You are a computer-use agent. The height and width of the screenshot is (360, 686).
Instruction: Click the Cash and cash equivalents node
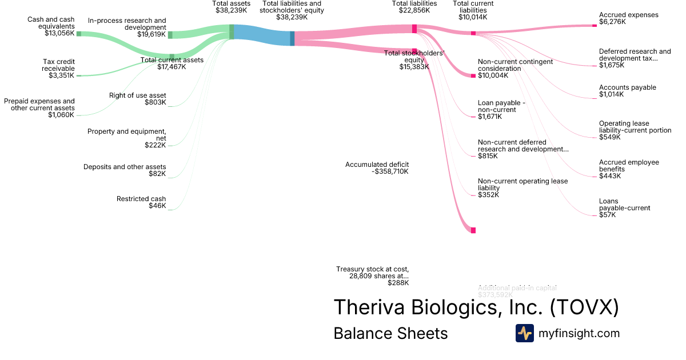(79, 34)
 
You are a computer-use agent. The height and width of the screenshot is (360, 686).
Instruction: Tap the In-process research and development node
(170, 35)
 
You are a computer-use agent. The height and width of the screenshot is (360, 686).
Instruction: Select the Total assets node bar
(232, 31)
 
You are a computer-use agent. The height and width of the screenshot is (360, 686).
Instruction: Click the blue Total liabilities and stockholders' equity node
(292, 38)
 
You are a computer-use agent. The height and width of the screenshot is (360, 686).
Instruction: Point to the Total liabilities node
(414, 29)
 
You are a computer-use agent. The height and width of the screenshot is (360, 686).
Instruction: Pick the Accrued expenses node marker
(595, 25)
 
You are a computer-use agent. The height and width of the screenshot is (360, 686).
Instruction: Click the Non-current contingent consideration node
(473, 75)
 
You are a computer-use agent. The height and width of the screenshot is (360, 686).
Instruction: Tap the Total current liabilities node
(473, 33)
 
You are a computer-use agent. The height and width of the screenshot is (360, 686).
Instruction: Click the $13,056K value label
(59, 33)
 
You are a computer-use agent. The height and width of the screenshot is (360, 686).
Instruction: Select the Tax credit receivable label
(58, 65)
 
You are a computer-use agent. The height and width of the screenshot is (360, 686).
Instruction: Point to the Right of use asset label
(138, 95)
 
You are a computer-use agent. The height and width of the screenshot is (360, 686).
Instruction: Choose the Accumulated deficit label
(377, 165)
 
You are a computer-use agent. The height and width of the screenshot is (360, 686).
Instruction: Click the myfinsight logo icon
(524, 333)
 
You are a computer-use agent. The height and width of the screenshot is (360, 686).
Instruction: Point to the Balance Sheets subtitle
(390, 333)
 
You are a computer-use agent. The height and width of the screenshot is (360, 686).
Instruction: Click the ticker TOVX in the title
(584, 307)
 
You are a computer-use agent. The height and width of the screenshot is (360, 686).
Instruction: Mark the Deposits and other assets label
(125, 167)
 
